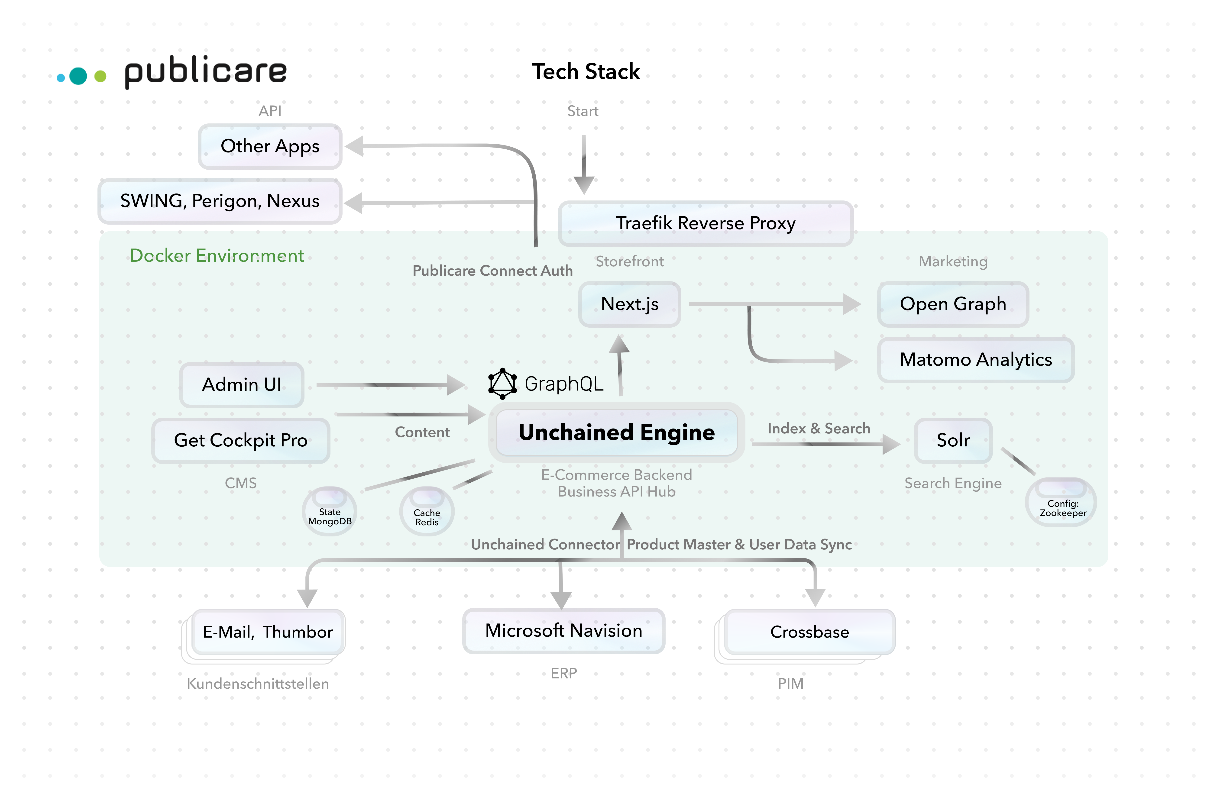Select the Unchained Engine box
616,432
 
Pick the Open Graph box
953,304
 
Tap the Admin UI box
242,384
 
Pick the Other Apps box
270,146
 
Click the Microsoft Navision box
563,631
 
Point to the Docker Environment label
217,256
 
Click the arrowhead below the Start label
583,185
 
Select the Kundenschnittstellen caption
258,684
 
